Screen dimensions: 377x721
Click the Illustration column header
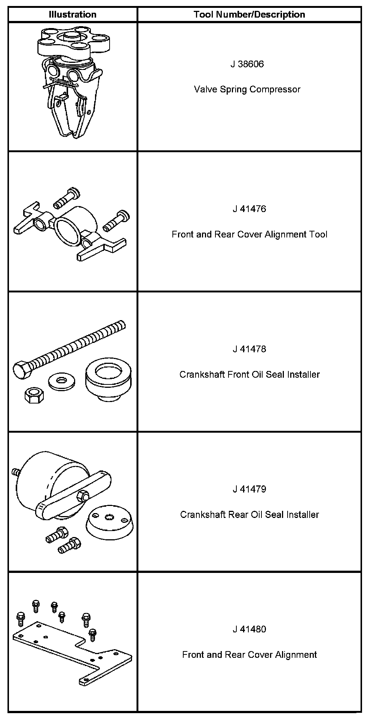[x=73, y=15]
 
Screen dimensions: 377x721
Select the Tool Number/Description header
[x=249, y=15]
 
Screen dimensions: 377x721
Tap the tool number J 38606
[x=247, y=64]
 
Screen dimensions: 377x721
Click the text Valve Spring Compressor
[x=247, y=89]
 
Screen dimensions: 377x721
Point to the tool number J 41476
[x=249, y=209]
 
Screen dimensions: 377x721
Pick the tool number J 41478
[x=249, y=349]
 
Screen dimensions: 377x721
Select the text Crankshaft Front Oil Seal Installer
[x=249, y=374]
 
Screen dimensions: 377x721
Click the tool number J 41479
[x=249, y=489]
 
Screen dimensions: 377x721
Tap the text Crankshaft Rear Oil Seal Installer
[x=249, y=515]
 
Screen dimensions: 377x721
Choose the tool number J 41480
[x=249, y=629]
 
